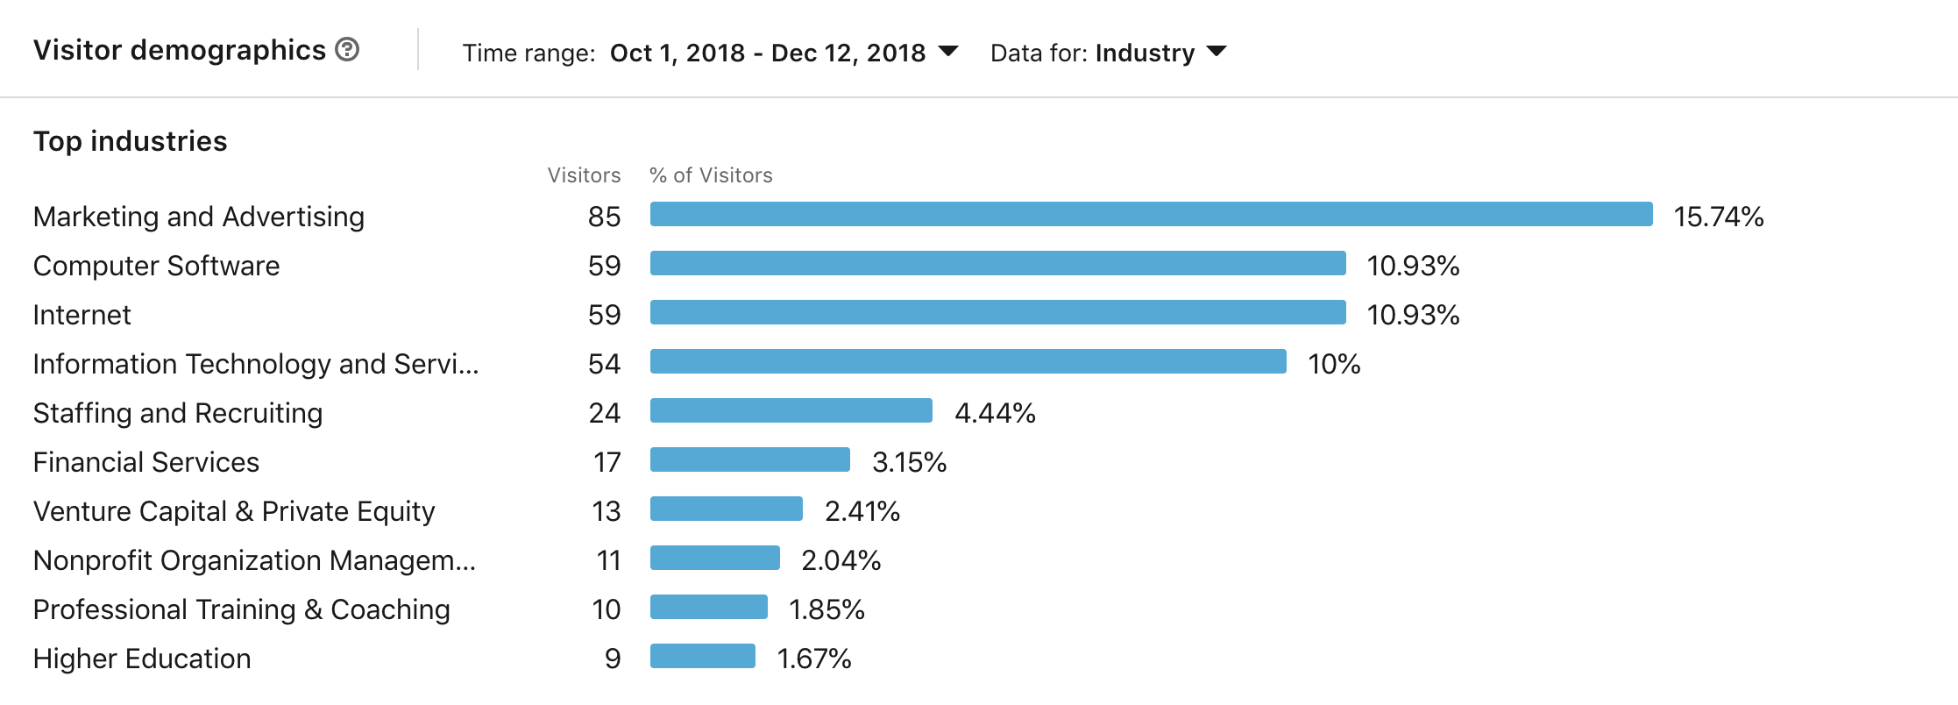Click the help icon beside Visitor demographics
coord(347,50)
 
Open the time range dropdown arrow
coord(947,52)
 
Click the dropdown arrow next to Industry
coord(1216,52)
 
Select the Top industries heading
coord(130,141)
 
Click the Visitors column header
coord(584,175)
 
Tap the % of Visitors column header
coord(711,175)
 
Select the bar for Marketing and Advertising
coord(1151,215)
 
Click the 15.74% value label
coord(1718,217)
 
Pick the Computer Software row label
coord(156,266)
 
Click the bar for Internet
coord(997,313)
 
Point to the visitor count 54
coord(604,364)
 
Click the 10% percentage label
coord(1333,364)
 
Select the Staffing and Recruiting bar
coord(791,411)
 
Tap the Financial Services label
coord(146,462)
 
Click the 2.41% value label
coord(862,511)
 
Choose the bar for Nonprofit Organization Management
coord(714,559)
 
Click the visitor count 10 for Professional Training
coord(606,609)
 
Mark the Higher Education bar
coord(702,657)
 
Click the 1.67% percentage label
coord(813,659)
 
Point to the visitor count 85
coord(604,217)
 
